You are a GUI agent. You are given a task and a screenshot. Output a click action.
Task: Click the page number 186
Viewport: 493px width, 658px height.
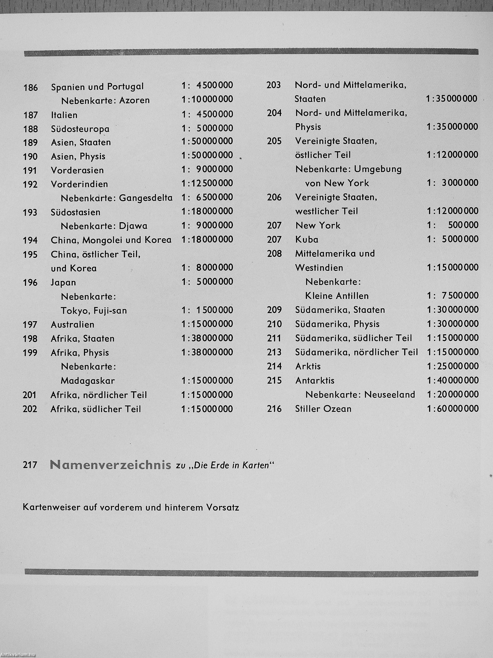coord(31,88)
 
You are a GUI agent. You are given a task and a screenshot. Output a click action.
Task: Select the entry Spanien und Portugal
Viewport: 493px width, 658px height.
coord(97,87)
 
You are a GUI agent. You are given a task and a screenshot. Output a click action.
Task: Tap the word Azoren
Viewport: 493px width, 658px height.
coord(134,100)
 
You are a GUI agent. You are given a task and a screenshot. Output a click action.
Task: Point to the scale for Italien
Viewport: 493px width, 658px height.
coord(207,114)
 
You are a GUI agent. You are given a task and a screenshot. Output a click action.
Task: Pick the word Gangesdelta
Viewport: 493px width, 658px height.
coord(146,198)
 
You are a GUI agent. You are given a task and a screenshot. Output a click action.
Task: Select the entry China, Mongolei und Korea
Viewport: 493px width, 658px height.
coord(111,240)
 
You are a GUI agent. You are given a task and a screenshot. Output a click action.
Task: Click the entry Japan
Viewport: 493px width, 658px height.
coord(63,282)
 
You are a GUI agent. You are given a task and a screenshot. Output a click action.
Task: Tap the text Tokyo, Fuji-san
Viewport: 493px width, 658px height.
coord(94,310)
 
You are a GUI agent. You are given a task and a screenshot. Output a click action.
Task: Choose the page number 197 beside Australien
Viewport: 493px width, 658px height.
coord(30,325)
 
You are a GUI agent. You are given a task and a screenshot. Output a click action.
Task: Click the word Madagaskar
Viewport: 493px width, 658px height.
coord(88,381)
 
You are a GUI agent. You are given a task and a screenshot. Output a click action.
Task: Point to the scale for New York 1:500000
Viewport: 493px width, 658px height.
coord(452,225)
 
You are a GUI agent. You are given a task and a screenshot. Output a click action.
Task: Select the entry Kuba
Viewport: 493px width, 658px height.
coord(307,240)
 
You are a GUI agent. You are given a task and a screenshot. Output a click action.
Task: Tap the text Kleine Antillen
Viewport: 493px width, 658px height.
coord(337,296)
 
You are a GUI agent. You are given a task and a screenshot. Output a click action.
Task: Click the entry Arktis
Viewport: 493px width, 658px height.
coord(308,366)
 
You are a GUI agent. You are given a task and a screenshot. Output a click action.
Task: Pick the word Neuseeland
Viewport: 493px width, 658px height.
coord(389,394)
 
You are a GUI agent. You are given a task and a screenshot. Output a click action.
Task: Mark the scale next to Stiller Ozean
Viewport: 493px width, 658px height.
coord(452,409)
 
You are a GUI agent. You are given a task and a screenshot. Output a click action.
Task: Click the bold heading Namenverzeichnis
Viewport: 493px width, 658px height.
coord(110,465)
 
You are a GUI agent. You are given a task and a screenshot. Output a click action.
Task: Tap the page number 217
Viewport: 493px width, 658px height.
coord(30,465)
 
